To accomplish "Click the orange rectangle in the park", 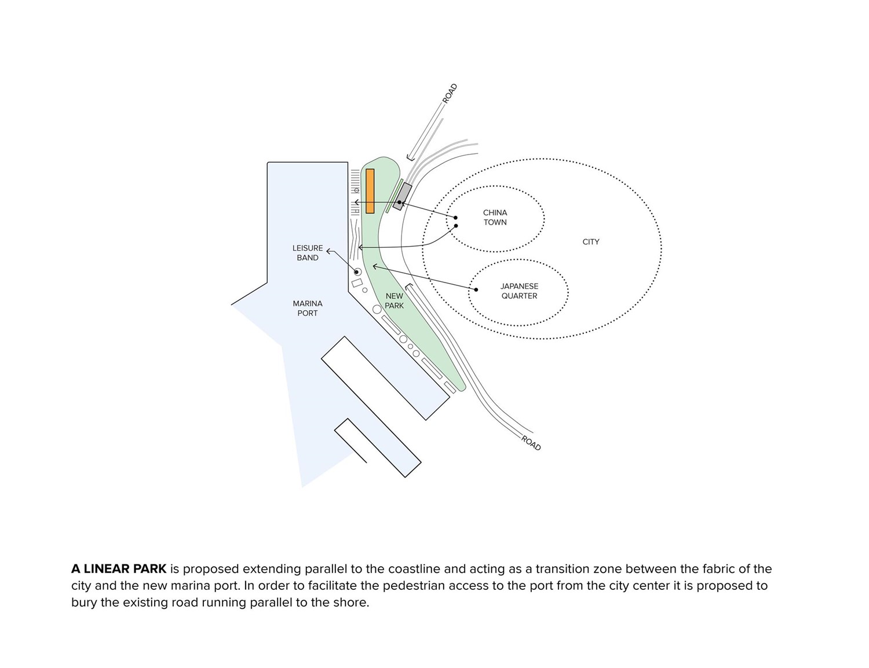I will [x=370, y=191].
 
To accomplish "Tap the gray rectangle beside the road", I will [x=402, y=196].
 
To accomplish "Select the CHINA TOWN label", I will [x=495, y=218].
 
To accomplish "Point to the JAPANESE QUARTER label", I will [x=519, y=291].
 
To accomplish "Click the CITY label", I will [x=590, y=242].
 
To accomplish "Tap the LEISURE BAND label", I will [x=308, y=253].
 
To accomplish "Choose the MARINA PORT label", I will [x=308, y=309].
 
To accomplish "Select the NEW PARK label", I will [x=394, y=301].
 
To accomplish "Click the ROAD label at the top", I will [x=450, y=94].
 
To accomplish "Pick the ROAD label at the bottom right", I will [x=531, y=443].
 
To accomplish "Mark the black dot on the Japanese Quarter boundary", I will [x=476, y=289].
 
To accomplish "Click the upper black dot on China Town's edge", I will [x=455, y=218].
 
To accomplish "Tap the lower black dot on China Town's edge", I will [x=456, y=226].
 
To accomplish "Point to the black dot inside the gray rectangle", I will [x=400, y=203].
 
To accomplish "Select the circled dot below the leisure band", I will [x=357, y=272].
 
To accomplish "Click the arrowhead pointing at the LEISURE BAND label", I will [x=328, y=251].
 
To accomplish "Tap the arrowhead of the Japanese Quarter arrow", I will [x=374, y=266].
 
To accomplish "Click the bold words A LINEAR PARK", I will [x=119, y=569].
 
